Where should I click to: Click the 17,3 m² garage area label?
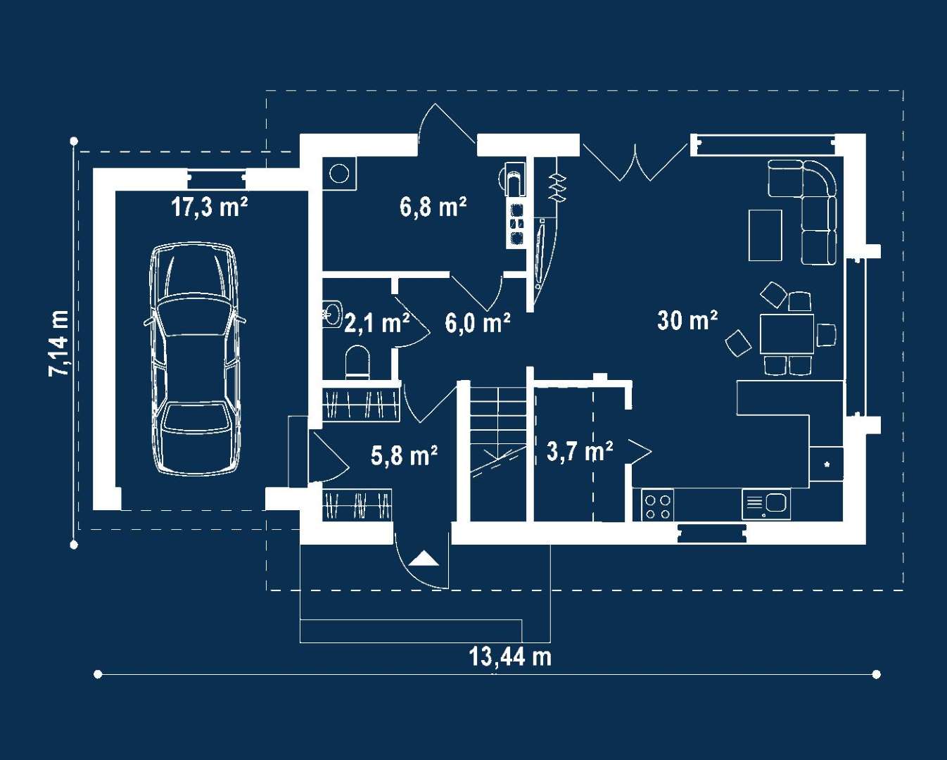[x=209, y=207]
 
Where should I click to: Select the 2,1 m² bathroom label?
[x=376, y=323]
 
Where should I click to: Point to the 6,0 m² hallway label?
[x=478, y=323]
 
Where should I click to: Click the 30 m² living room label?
[x=687, y=320]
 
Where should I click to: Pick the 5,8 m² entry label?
[x=404, y=455]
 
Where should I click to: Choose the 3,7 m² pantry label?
[x=580, y=451]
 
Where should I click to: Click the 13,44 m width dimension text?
[x=510, y=657]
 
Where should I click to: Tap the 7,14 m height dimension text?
[x=59, y=343]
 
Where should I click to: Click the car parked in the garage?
[x=195, y=359]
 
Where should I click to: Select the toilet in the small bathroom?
[x=357, y=362]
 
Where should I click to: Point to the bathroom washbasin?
[x=332, y=313]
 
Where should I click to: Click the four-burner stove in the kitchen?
[x=657, y=505]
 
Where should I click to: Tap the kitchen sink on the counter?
[x=766, y=504]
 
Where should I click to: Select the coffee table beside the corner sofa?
[x=765, y=235]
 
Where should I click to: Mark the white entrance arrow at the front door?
[x=424, y=558]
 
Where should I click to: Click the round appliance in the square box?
[x=339, y=174]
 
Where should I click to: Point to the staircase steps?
[x=498, y=440]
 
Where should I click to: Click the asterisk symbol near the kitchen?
[x=827, y=464]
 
